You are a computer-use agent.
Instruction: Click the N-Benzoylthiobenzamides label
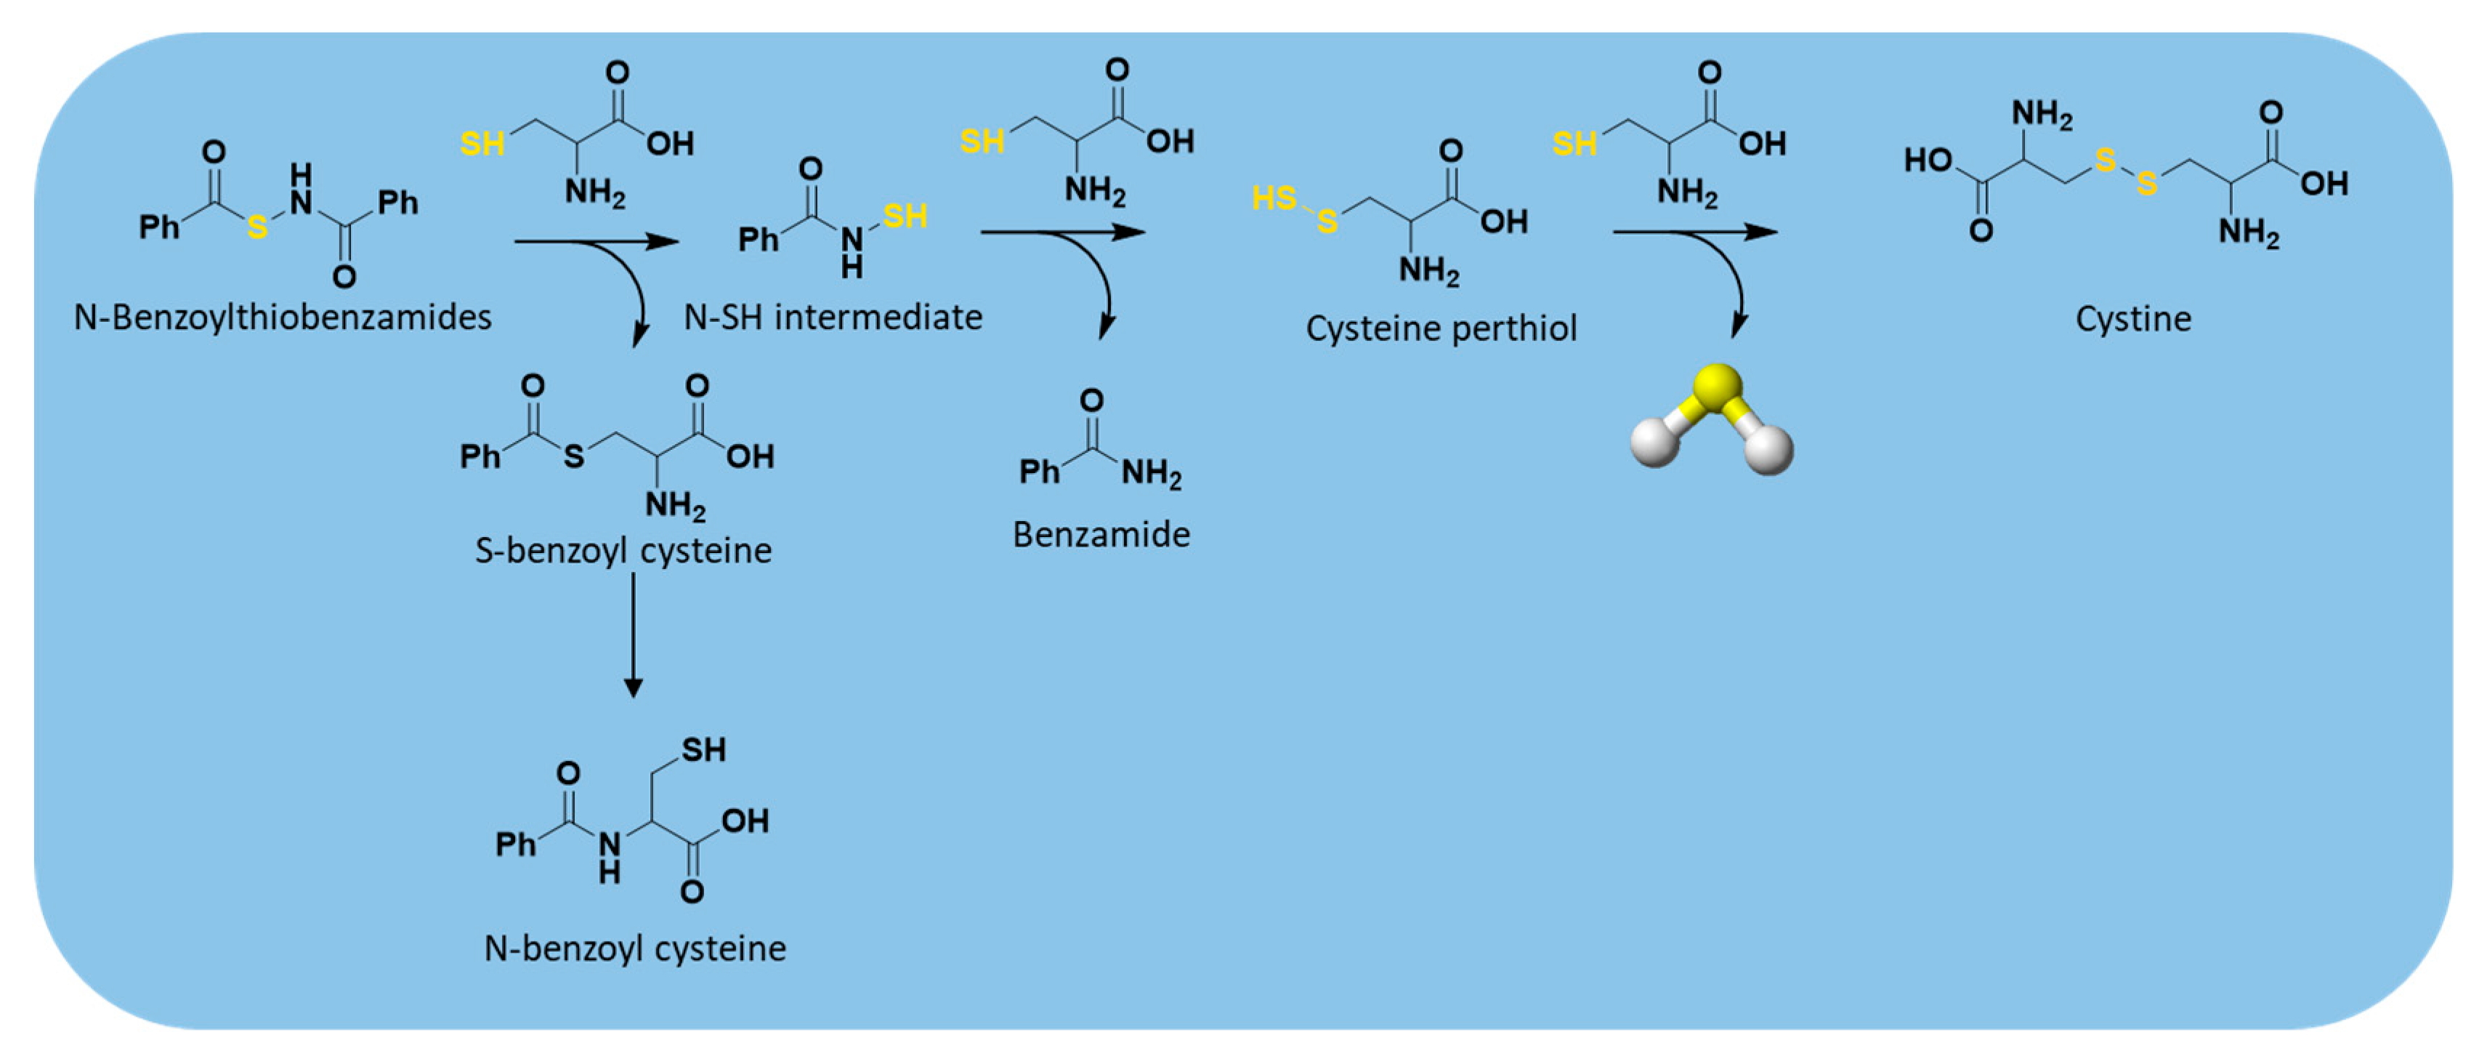pos(282,317)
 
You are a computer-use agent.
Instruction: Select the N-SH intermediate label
pos(833,317)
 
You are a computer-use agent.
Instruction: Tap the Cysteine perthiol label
pos(1441,328)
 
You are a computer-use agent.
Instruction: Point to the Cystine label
pos(2132,319)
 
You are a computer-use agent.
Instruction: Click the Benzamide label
pos(1101,534)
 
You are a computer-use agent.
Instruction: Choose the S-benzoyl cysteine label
pos(623,551)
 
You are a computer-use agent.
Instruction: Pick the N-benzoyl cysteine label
pos(635,948)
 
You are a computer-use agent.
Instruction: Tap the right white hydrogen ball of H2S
pos(1768,450)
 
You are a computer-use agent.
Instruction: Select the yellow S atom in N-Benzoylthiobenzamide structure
pos(257,227)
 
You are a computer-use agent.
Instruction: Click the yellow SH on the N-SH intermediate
pos(905,216)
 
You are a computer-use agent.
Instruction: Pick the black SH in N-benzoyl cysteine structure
pos(703,749)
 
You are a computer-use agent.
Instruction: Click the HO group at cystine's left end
pos(1928,160)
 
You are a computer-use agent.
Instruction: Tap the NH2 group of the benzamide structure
pos(1151,473)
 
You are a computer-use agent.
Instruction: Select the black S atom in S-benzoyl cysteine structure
pos(573,456)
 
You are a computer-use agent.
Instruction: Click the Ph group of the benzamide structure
pos(1038,472)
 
